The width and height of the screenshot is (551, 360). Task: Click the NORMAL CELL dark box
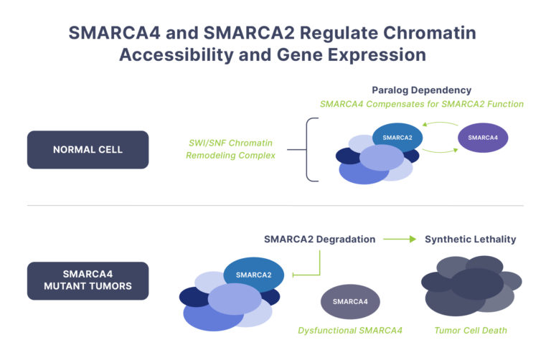click(88, 150)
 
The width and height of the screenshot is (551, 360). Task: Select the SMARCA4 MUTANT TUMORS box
click(88, 280)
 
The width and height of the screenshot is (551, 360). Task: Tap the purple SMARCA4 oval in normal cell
click(483, 137)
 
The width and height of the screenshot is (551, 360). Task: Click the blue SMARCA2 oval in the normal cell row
click(397, 137)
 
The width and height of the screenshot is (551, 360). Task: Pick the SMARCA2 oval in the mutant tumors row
click(253, 274)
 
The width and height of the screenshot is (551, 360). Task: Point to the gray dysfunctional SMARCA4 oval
click(350, 301)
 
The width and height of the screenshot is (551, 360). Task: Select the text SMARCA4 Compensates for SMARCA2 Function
click(421, 104)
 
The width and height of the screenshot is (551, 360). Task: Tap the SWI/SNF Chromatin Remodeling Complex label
click(230, 150)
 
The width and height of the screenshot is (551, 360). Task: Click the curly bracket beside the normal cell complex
click(310, 150)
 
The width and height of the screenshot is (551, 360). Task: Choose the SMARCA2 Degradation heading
click(319, 239)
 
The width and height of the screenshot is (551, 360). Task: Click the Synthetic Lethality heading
click(470, 239)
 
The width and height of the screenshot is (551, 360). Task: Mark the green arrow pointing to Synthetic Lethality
click(400, 239)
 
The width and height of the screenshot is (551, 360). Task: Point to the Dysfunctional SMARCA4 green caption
click(350, 331)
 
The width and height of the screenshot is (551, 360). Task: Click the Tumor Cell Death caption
click(470, 331)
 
